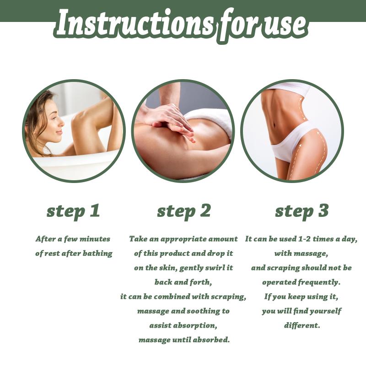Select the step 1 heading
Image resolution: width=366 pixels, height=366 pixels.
coord(73,211)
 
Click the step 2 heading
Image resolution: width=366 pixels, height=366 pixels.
coord(184,211)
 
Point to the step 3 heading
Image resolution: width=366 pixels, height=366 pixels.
coord(302,211)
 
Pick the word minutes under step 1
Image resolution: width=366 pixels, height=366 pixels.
coord(95,239)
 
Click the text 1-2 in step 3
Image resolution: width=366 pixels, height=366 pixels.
coord(305,239)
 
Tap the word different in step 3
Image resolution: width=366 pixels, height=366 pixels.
coord(301,325)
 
